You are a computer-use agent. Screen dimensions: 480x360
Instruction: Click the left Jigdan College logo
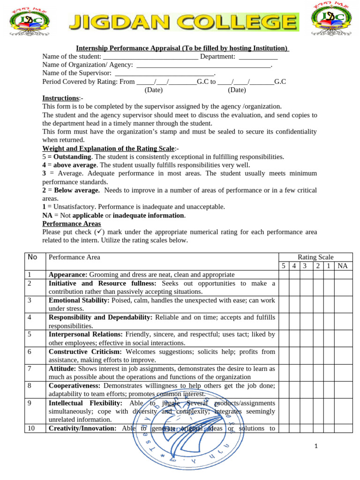coord(29,22)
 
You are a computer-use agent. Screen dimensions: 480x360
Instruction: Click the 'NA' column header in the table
coord(343,266)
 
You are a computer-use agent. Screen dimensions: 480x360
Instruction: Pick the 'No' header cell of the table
coord(32,257)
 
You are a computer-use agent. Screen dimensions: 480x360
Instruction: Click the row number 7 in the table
coord(29,368)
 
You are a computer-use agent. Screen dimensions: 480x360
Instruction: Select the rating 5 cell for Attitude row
coord(284,373)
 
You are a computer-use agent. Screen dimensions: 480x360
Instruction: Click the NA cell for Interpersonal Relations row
coord(343,338)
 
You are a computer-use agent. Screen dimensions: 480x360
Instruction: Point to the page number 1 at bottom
coord(316,446)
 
